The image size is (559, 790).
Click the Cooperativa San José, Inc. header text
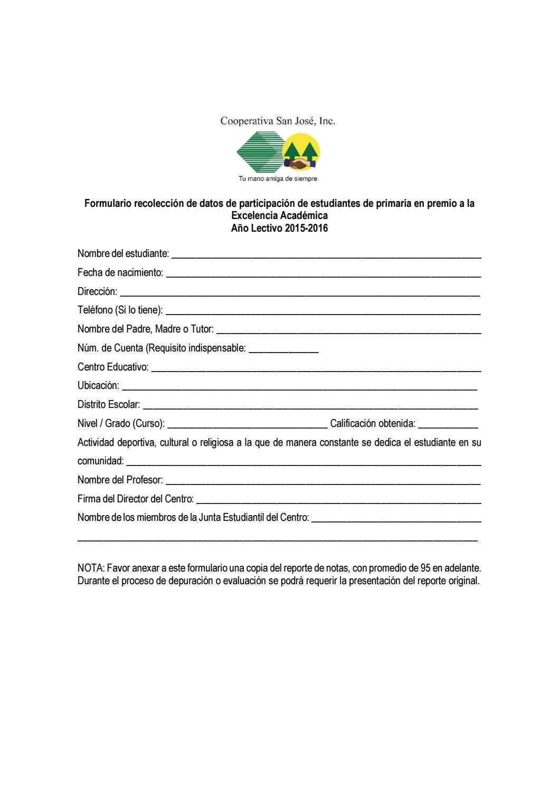tap(278, 121)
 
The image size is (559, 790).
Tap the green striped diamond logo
tap(259, 152)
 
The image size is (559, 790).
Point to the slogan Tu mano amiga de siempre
tap(278, 179)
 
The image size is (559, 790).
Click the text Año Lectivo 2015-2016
tap(279, 229)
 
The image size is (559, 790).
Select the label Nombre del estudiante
tap(123, 253)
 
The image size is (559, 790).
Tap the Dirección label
tap(97, 291)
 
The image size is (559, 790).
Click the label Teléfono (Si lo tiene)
tap(120, 310)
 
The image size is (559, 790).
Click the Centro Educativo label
tap(113, 367)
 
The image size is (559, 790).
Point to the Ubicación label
tap(98, 385)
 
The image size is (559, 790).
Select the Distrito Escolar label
tap(109, 405)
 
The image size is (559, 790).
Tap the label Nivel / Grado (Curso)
tap(121, 423)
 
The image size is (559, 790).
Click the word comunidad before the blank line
tap(100, 461)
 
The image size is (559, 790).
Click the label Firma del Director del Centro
tap(136, 499)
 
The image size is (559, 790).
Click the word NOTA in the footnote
tap(91, 568)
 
